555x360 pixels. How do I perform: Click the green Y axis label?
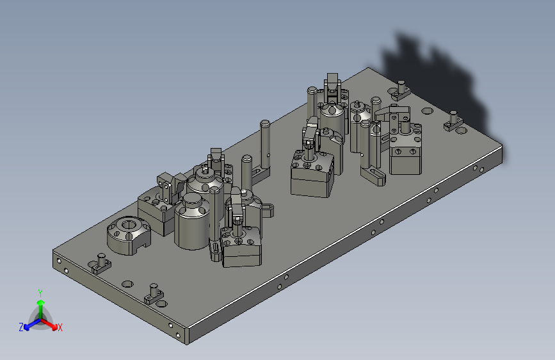pyautogui.click(x=40, y=293)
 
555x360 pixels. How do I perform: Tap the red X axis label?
pyautogui.click(x=60, y=327)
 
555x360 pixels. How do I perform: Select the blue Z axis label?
pyautogui.click(x=21, y=327)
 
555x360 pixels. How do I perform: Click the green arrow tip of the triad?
pyautogui.click(x=41, y=302)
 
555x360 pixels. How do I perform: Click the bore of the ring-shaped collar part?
pyautogui.click(x=128, y=224)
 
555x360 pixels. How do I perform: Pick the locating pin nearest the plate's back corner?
pyautogui.click(x=401, y=89)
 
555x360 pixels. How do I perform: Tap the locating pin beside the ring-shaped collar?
pyautogui.click(x=101, y=263)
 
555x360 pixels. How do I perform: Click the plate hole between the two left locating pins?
pyautogui.click(x=127, y=284)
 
